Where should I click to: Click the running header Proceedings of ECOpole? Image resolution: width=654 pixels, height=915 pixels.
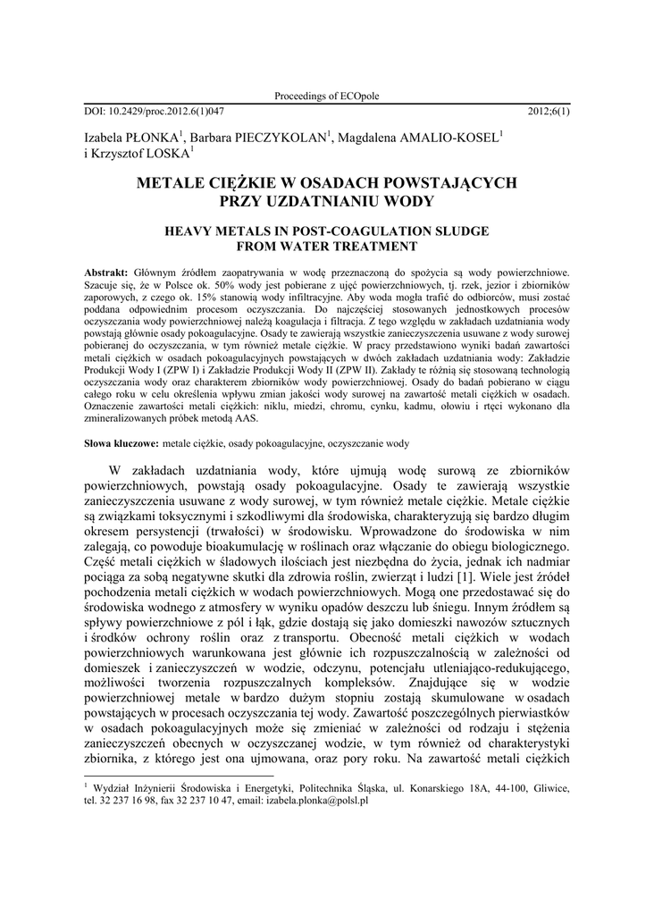point(326,97)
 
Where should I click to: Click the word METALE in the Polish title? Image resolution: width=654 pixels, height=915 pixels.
point(172,183)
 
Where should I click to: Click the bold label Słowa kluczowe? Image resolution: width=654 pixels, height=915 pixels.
point(121,442)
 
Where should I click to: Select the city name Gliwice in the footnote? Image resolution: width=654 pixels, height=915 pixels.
point(551,789)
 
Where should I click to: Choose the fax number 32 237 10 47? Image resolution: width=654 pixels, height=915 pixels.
point(193,802)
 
